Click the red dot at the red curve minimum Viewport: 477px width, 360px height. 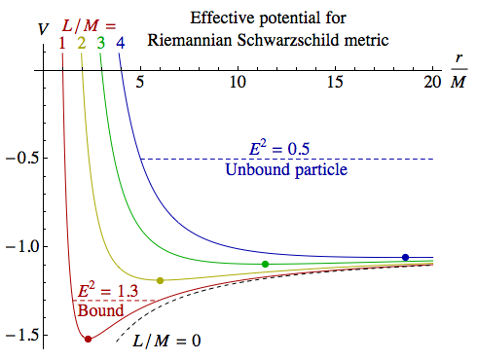[x=89, y=339]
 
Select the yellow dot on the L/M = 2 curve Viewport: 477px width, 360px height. [x=160, y=280]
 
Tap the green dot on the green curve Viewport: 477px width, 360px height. [x=265, y=264]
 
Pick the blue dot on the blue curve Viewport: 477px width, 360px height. [x=405, y=257]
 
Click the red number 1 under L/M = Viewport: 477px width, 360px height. [x=62, y=43]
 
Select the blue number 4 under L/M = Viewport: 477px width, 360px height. [x=120, y=43]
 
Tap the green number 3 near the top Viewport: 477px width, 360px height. [x=100, y=43]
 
